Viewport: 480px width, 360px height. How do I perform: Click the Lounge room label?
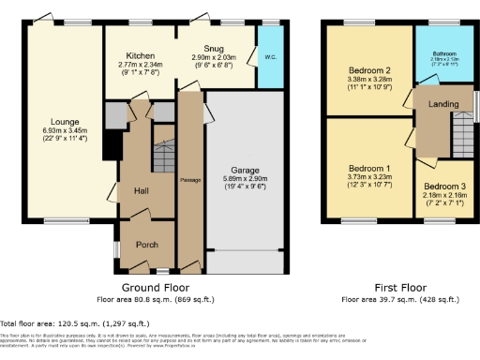64,120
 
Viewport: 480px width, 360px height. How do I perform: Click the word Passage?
191,178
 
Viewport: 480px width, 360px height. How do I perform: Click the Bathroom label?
443,54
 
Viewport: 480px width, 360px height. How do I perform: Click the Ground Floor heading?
156,287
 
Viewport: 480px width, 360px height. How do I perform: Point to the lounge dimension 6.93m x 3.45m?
64,129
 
